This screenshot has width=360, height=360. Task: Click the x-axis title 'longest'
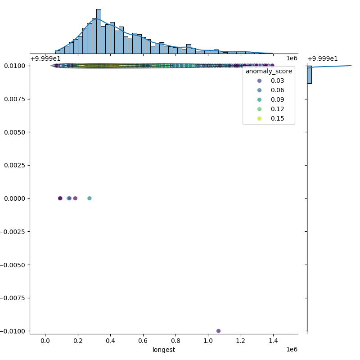164,350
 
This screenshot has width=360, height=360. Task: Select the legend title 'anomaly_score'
269,71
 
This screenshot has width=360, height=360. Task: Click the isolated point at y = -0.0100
218,331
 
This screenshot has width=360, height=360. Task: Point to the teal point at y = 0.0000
89,198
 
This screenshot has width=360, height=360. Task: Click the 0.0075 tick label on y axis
15,99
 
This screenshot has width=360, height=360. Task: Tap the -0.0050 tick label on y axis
13,265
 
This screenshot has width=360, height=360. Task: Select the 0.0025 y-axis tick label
15,165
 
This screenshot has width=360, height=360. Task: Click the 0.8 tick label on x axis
175,341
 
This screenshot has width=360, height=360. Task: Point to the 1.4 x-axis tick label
273,341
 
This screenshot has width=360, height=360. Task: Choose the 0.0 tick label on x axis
45,341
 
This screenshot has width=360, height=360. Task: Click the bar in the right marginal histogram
309,75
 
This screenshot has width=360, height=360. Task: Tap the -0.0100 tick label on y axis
13,331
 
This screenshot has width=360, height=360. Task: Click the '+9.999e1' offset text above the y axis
44,58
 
